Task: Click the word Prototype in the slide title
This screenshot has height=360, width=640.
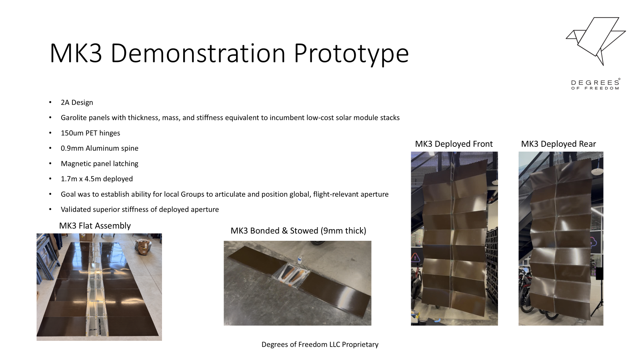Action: point(352,54)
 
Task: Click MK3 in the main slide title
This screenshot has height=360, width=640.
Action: point(76,53)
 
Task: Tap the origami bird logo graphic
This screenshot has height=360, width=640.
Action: point(596,41)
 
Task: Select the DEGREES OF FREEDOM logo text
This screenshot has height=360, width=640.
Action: point(596,84)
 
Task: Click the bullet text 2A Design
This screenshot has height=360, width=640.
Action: point(77,102)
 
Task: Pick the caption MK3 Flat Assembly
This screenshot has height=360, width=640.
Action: point(95,226)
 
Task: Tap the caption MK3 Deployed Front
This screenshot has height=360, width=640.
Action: point(454,144)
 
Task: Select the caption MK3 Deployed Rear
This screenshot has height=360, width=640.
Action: point(558,144)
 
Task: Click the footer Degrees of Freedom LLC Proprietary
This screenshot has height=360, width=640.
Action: point(320,344)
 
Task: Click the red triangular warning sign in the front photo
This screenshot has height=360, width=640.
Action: point(415,257)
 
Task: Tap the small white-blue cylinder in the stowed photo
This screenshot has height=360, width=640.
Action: point(300,260)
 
